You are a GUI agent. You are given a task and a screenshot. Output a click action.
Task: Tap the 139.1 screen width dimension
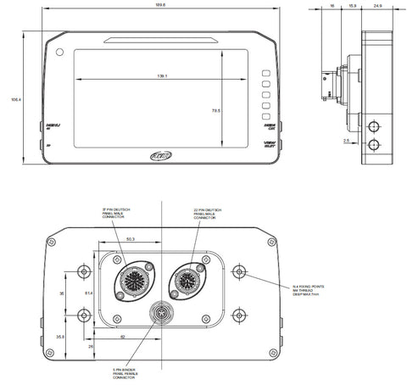pos(161,76)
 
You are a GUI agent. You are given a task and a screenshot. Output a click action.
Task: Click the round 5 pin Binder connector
pos(159,314)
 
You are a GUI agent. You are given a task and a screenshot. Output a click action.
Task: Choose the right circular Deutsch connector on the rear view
pos(188,280)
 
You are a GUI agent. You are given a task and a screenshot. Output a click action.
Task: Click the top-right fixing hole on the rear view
pos(241,272)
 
